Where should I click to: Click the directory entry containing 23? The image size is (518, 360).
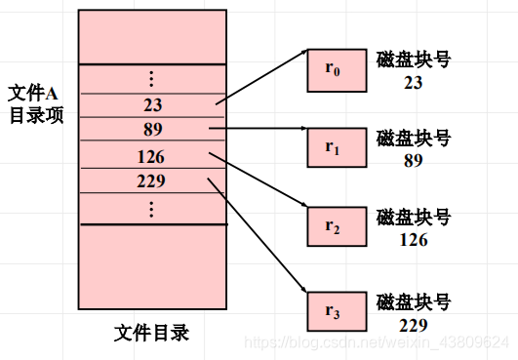[x=152, y=105]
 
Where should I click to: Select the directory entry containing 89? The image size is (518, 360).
[x=152, y=130]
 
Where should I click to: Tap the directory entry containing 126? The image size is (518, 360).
[x=152, y=155]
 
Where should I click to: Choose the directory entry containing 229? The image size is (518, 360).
[x=152, y=180]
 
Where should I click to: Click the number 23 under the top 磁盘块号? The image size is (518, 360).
[x=412, y=83]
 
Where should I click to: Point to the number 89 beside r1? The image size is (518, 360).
[x=412, y=161]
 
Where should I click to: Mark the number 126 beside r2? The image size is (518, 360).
[x=412, y=237]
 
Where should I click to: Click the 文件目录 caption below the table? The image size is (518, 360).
[x=151, y=334]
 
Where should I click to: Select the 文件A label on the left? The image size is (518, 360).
[x=34, y=93]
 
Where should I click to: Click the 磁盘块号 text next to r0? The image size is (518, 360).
[x=413, y=60]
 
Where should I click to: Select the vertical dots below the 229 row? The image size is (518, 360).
[x=151, y=208]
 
